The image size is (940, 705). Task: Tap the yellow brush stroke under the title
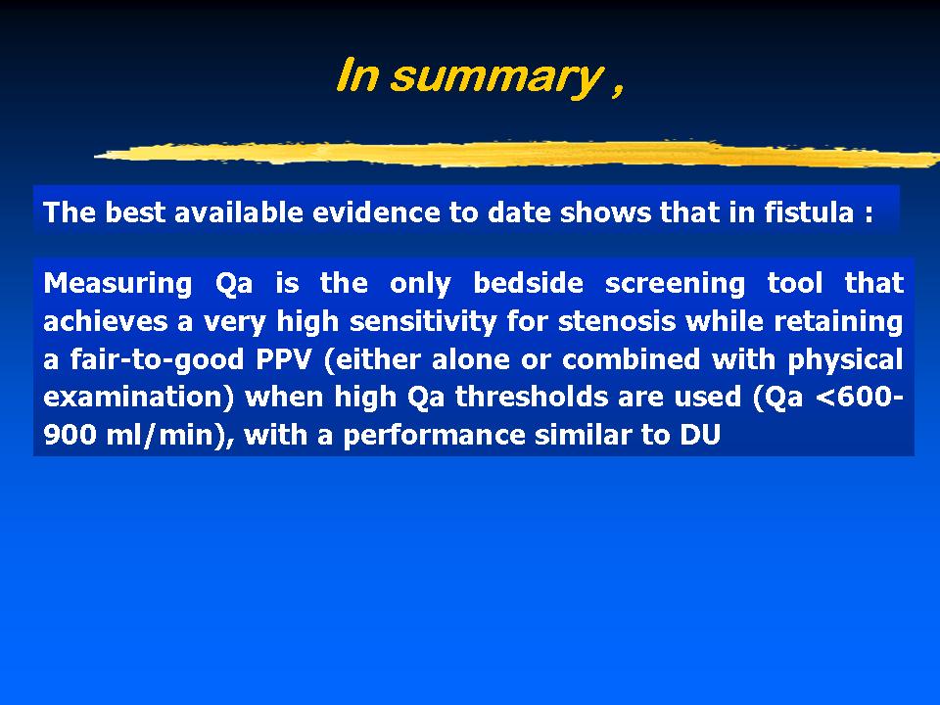coord(517,154)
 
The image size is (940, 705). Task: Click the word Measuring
coord(117,284)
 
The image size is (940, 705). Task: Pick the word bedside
coord(528,284)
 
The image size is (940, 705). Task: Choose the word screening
coord(675,285)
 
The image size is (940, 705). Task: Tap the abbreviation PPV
coord(284,359)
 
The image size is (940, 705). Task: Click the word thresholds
coord(532,398)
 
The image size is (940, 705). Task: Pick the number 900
coord(70,435)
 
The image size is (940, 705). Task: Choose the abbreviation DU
coord(699,435)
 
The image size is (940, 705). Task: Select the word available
coord(238,212)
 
